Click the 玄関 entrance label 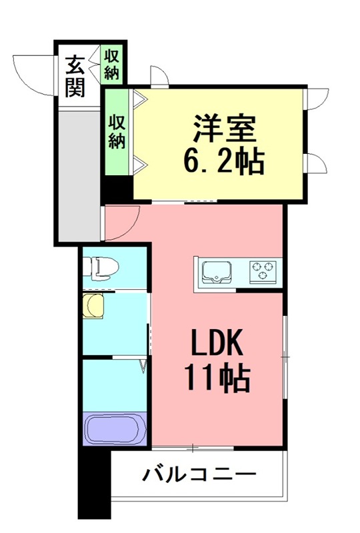point(75,76)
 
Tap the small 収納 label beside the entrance point(111,65)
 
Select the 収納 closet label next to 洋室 point(117,132)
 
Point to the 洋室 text point(224,129)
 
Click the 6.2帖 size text point(224,161)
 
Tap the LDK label point(217,342)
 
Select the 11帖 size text point(217,378)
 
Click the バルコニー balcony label point(199,474)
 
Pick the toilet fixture point(101,268)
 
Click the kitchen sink point(217,272)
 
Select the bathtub point(115,428)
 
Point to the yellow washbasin point(93,306)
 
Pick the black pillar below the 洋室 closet point(117,190)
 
